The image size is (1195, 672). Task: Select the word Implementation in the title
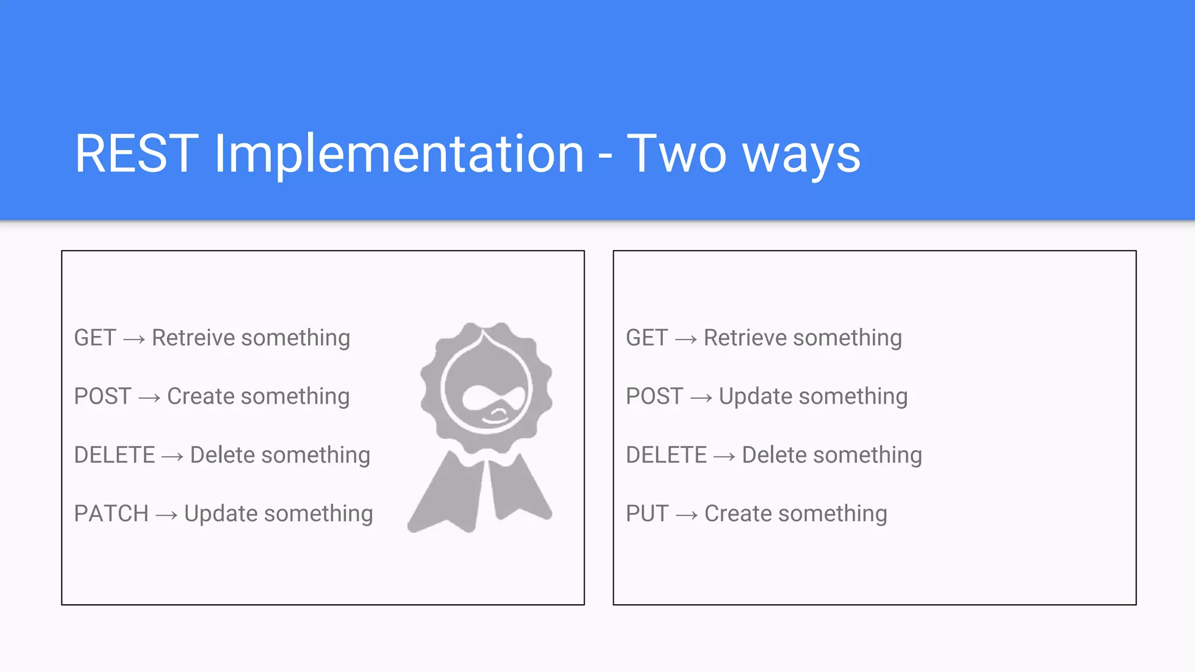point(399,155)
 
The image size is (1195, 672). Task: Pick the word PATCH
point(111,514)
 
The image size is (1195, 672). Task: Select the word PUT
point(647,514)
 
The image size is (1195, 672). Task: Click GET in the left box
point(95,338)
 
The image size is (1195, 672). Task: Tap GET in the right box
point(647,338)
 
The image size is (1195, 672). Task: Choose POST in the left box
point(103,397)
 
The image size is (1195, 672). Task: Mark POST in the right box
point(654,397)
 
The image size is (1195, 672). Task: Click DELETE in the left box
point(114,455)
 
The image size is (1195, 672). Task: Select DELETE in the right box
point(666,455)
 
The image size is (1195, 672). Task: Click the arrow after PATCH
point(166,515)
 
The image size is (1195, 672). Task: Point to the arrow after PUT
point(686,515)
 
